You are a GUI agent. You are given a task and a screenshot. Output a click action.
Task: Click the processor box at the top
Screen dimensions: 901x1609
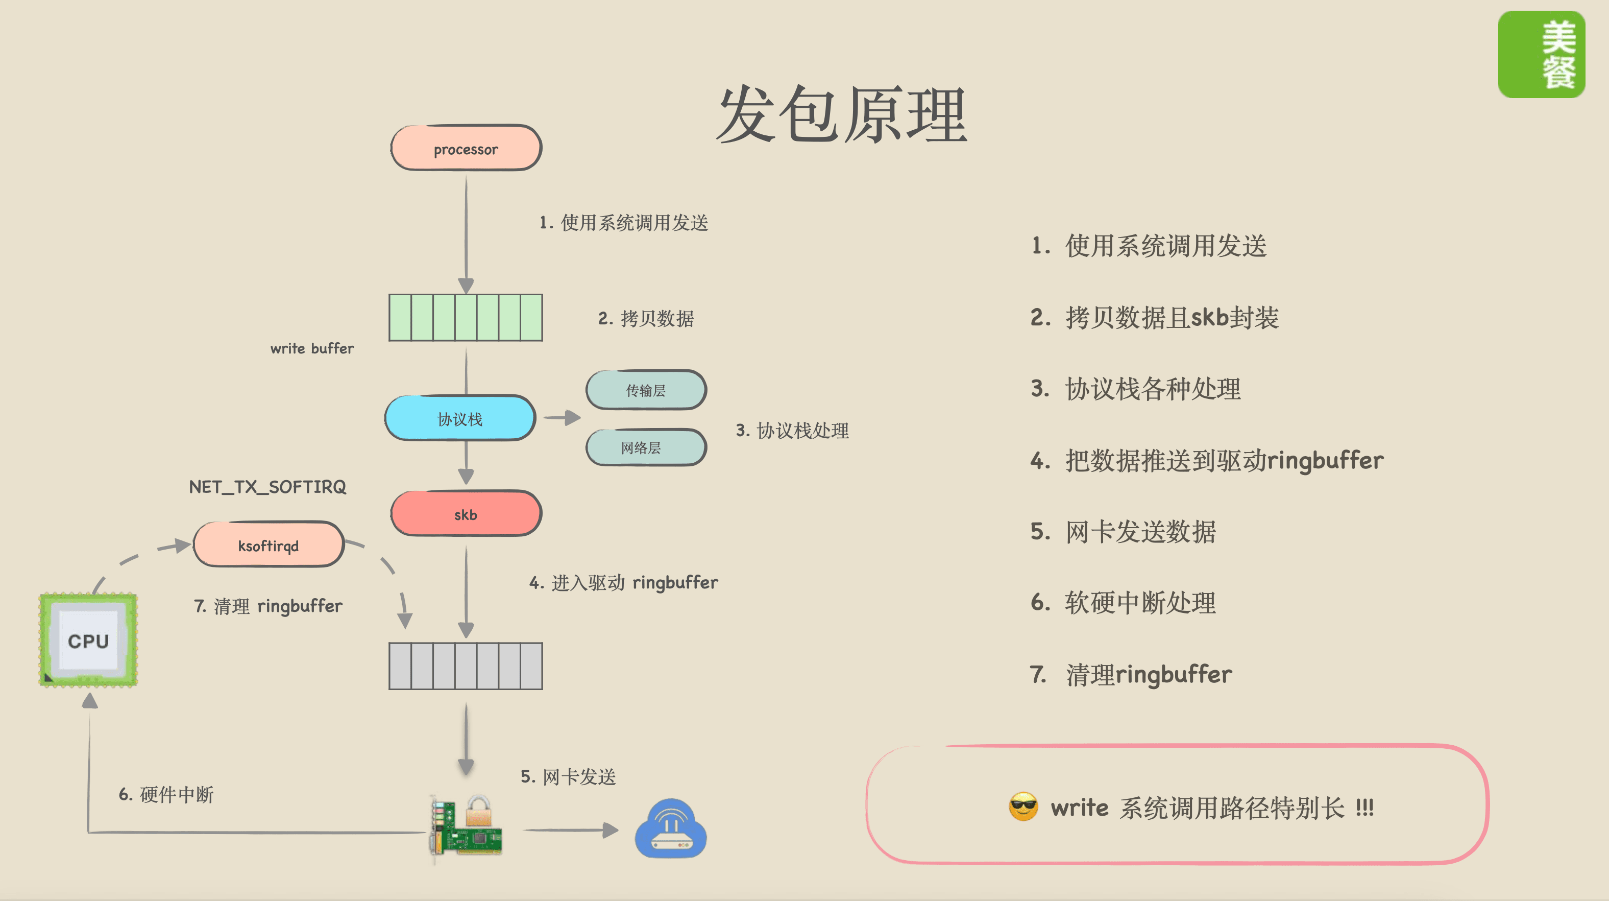[466, 149]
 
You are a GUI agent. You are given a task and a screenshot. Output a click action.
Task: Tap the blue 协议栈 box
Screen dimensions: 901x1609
[460, 419]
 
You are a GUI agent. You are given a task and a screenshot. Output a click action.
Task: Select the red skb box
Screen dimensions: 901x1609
[466, 514]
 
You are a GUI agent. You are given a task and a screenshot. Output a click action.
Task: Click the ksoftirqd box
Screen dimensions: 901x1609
[269, 546]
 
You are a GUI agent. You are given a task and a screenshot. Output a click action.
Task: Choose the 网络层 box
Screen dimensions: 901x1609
[646, 447]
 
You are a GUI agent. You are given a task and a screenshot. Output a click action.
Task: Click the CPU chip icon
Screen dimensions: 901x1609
[88, 641]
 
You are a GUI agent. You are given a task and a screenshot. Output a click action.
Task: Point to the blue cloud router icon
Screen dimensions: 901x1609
[670, 828]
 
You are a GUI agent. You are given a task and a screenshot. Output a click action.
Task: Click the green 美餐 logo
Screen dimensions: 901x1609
[1541, 54]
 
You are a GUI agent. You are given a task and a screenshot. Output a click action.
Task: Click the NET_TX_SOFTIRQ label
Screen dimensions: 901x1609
[267, 487]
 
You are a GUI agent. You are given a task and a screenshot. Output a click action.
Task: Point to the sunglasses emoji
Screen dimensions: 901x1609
[1023, 807]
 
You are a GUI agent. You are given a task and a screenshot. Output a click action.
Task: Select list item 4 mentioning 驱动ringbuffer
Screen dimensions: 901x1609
[1207, 461]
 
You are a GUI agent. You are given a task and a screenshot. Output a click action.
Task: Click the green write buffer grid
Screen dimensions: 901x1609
[466, 317]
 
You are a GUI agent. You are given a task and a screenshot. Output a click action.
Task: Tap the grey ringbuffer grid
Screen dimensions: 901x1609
[466, 666]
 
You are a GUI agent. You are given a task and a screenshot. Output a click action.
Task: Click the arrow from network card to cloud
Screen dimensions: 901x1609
[570, 830]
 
